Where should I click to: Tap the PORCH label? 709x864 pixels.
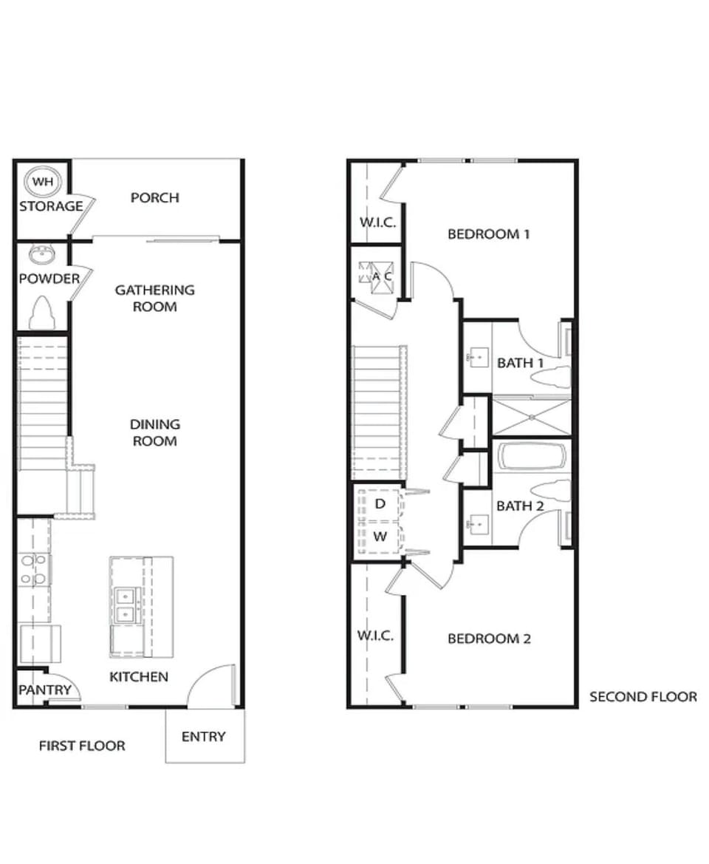[155, 197]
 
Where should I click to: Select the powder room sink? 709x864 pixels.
[42, 256]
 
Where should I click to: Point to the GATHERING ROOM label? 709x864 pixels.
[154, 298]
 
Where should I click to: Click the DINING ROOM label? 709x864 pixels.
[154, 432]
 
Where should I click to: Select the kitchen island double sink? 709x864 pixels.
[126, 604]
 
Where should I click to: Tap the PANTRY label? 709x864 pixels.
[44, 690]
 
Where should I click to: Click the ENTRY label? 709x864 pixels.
[203, 736]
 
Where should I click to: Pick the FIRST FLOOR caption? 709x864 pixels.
[82, 746]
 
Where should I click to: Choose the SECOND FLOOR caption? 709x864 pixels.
[643, 696]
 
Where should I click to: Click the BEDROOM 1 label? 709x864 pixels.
[489, 234]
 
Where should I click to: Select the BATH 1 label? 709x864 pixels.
[520, 363]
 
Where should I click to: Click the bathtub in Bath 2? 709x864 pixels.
[532, 457]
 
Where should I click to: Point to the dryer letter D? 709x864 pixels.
[380, 504]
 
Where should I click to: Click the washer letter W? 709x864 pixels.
[380, 537]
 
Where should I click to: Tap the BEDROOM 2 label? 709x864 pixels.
[489, 639]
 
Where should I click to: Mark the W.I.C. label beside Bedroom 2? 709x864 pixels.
[375, 636]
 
